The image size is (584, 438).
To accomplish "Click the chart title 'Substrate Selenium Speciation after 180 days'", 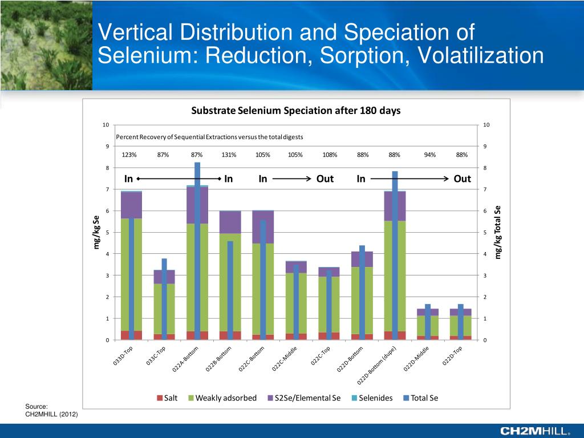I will (295, 111).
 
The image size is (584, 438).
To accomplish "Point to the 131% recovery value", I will (229, 155).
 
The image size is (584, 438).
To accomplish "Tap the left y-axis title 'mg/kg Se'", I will (96, 232).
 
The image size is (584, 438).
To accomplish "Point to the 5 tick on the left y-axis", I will (107, 233).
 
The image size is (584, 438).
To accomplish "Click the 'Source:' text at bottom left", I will (36, 406).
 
